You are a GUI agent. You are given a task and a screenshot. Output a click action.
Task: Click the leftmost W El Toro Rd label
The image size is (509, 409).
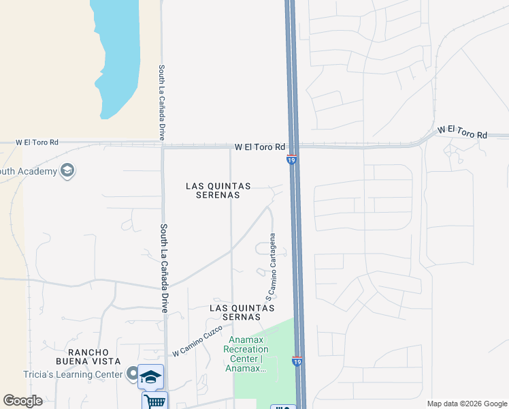(x=37, y=142)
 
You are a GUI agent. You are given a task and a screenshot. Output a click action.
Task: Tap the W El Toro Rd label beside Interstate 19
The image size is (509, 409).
(x=260, y=147)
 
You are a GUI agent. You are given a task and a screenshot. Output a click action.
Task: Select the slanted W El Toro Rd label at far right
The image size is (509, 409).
(x=463, y=132)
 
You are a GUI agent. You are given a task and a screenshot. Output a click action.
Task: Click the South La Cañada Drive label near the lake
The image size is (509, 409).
(x=162, y=102)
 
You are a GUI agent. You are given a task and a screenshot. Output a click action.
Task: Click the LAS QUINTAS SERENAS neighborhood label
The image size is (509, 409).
(x=218, y=190)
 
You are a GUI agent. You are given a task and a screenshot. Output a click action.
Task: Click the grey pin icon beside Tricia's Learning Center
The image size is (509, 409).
(x=132, y=374)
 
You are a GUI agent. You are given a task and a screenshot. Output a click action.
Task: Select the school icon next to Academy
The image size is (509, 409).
(x=67, y=170)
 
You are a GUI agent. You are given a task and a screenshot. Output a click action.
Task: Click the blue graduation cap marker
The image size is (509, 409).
(x=150, y=376)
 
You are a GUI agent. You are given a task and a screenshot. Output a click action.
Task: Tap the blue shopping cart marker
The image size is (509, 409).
(x=154, y=401)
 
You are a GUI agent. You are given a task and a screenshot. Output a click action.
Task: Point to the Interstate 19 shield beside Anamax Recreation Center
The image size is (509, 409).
(x=297, y=361)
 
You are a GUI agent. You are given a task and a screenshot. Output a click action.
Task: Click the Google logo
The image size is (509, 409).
(x=22, y=401)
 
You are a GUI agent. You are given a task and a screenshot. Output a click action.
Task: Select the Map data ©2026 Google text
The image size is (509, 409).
(x=467, y=404)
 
